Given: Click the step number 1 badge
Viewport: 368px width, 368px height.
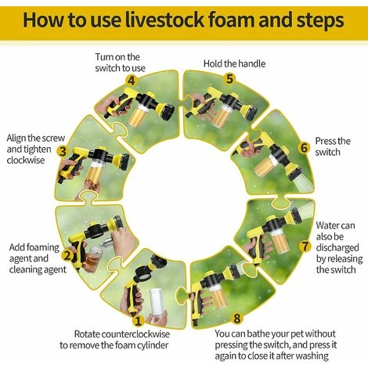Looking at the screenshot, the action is [138, 321].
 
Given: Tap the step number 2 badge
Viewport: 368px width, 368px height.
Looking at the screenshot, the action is [67, 255].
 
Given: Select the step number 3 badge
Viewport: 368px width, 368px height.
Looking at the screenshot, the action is [63, 151].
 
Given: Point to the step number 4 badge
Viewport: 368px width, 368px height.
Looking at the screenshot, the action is [132, 81].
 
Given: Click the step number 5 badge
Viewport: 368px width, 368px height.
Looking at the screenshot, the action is [229, 79].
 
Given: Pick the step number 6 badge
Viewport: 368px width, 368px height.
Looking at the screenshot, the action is [304, 148].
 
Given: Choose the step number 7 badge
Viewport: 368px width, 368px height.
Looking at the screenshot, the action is [305, 246].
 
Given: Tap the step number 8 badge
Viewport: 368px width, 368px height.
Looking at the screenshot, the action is [237, 319].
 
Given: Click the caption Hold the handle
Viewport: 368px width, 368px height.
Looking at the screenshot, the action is [234, 63].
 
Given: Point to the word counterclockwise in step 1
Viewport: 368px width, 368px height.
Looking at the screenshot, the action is [135, 334].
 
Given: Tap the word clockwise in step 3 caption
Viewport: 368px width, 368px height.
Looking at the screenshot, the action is [26, 160].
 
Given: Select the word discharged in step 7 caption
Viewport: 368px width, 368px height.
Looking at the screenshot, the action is [337, 247].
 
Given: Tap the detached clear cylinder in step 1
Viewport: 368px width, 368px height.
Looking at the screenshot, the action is [157, 303].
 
